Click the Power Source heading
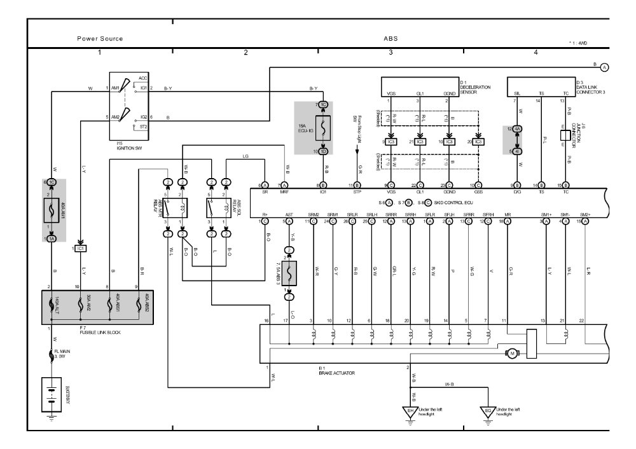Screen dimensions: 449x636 pos(100,39)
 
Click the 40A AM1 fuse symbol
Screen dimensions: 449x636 pos(50,209)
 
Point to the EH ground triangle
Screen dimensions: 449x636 pos(411,411)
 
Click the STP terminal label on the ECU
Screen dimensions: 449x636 pos(357,190)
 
